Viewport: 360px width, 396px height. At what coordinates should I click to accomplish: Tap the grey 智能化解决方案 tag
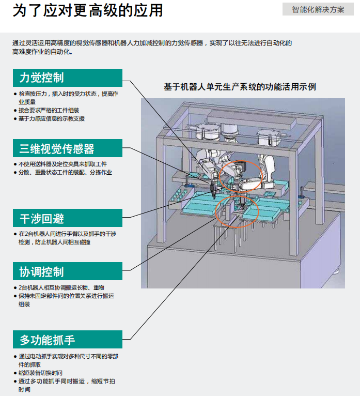click(x=318, y=9)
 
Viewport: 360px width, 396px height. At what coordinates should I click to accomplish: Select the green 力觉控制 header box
click(x=67, y=78)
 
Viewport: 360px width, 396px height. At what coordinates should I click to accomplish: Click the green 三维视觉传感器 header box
click(x=67, y=149)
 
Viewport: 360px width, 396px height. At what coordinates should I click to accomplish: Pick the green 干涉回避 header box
click(x=67, y=218)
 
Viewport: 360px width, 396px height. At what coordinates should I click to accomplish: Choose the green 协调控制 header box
click(x=67, y=271)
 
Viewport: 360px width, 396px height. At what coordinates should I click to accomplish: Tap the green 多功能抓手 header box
click(x=67, y=340)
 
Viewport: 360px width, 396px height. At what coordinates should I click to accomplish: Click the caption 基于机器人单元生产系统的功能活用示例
click(x=240, y=87)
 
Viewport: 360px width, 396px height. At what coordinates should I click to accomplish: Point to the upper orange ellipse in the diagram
click(x=239, y=176)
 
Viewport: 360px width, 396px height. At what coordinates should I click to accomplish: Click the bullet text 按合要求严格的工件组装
click(x=49, y=110)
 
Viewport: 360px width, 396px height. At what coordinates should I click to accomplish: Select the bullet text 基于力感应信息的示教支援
click(x=52, y=118)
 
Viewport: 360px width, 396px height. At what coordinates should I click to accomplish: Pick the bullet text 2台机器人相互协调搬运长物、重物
click(x=61, y=287)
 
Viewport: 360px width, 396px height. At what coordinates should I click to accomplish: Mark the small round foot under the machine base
click(x=336, y=271)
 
